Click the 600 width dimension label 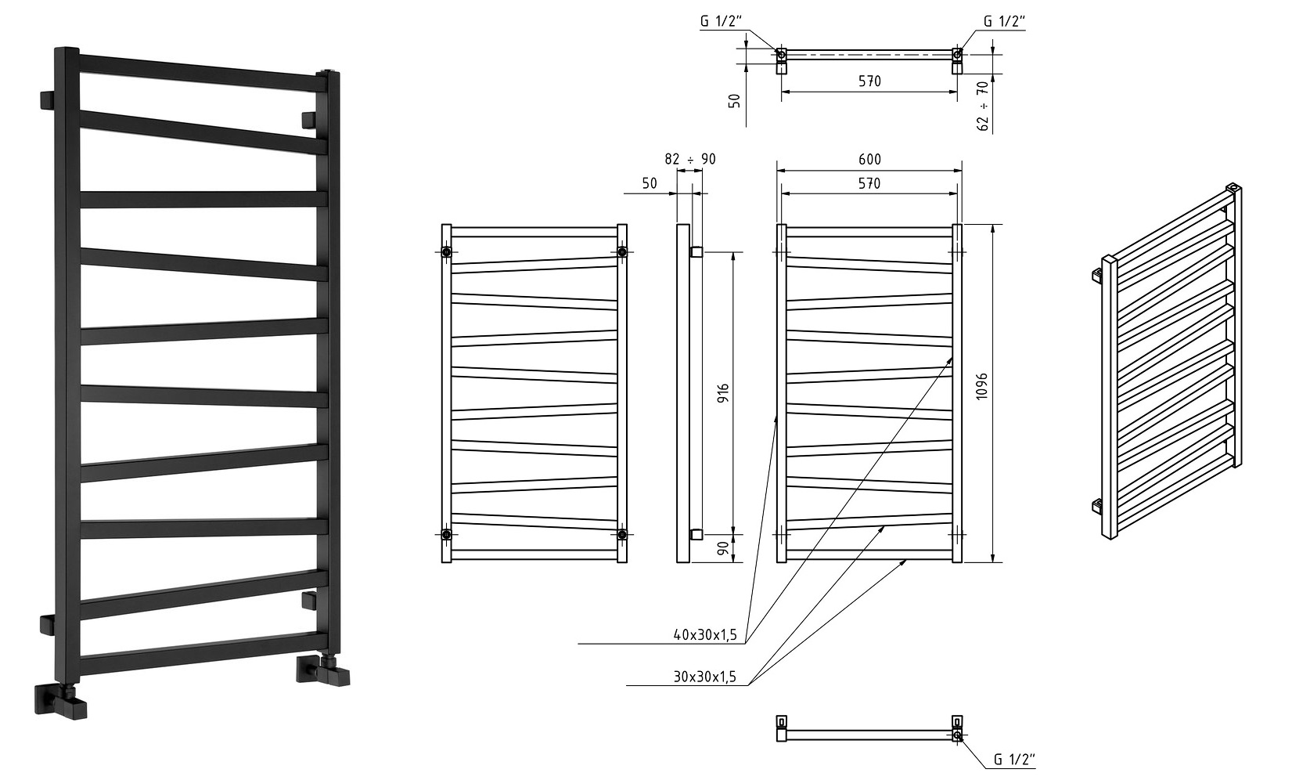(x=869, y=159)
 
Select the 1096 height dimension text (x=982, y=386)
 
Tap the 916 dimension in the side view (x=723, y=393)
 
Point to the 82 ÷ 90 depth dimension (x=690, y=159)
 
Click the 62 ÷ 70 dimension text (x=983, y=106)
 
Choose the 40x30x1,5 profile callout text (x=705, y=635)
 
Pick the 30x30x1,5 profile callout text (x=705, y=677)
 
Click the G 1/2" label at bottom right (x=1015, y=760)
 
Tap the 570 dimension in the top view (x=869, y=81)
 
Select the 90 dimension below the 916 (x=723, y=548)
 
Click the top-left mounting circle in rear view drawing (x=446, y=252)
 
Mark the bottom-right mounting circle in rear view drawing (x=622, y=534)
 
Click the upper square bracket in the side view (x=696, y=252)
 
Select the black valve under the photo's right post (x=323, y=670)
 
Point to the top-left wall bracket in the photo (x=48, y=100)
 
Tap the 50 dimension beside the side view (x=650, y=184)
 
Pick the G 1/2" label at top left (x=721, y=22)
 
